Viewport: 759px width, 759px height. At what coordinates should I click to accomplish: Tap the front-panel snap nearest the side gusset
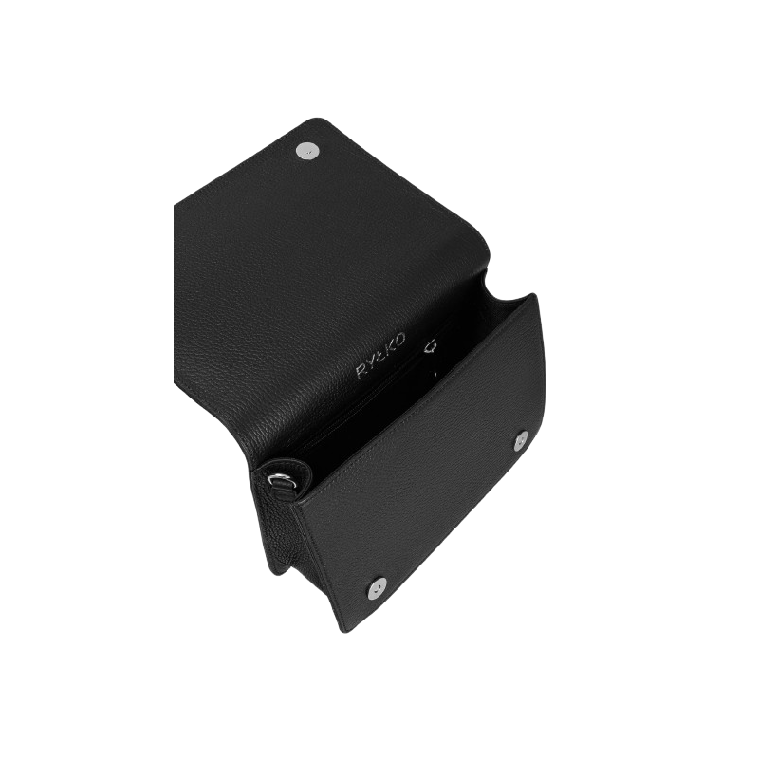pyautogui.click(x=377, y=586)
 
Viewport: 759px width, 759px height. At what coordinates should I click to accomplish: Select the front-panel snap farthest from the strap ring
pyautogui.click(x=521, y=440)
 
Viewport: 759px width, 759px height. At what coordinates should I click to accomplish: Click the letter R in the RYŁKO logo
pyautogui.click(x=362, y=373)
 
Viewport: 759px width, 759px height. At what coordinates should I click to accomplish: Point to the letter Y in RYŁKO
pyautogui.click(x=373, y=361)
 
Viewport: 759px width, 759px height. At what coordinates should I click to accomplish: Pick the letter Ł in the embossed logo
pyautogui.click(x=382, y=353)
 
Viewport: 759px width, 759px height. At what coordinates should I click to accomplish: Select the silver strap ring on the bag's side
pyautogui.click(x=282, y=480)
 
